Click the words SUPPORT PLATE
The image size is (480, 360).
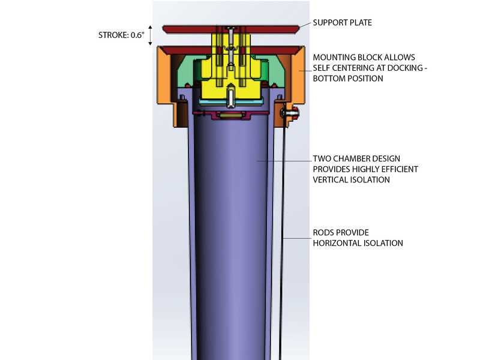coord(342,23)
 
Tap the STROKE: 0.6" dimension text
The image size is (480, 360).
coord(121,35)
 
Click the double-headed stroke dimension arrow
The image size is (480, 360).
coord(150,35)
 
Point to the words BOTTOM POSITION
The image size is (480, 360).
coord(348,79)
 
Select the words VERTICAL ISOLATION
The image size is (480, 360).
coord(351,179)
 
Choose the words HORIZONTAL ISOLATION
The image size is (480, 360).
coord(358,243)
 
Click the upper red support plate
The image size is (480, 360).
coord(230,29)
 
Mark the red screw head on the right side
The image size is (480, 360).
coord(296,113)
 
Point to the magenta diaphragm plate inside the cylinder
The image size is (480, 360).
coord(231,115)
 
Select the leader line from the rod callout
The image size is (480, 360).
coord(298,238)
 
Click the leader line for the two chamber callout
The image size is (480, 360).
coord(284,161)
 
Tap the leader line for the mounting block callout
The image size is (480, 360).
coord(305,71)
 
